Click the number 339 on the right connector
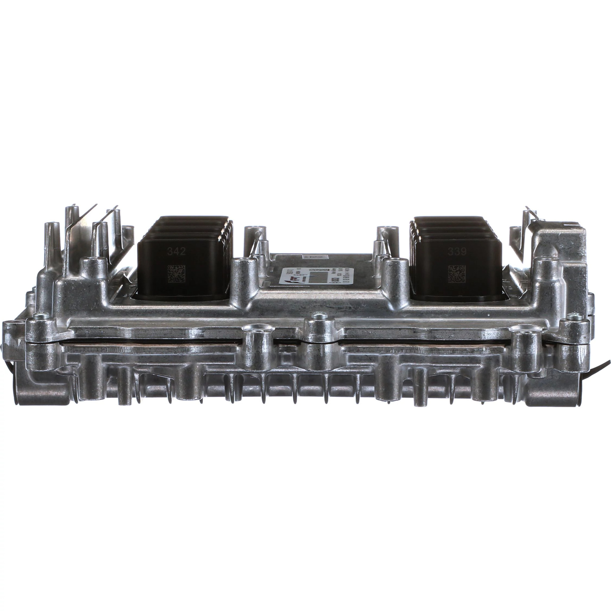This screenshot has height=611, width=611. click(457, 252)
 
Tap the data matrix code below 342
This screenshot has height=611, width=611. click(176, 274)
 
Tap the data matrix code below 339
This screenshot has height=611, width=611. click(457, 274)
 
